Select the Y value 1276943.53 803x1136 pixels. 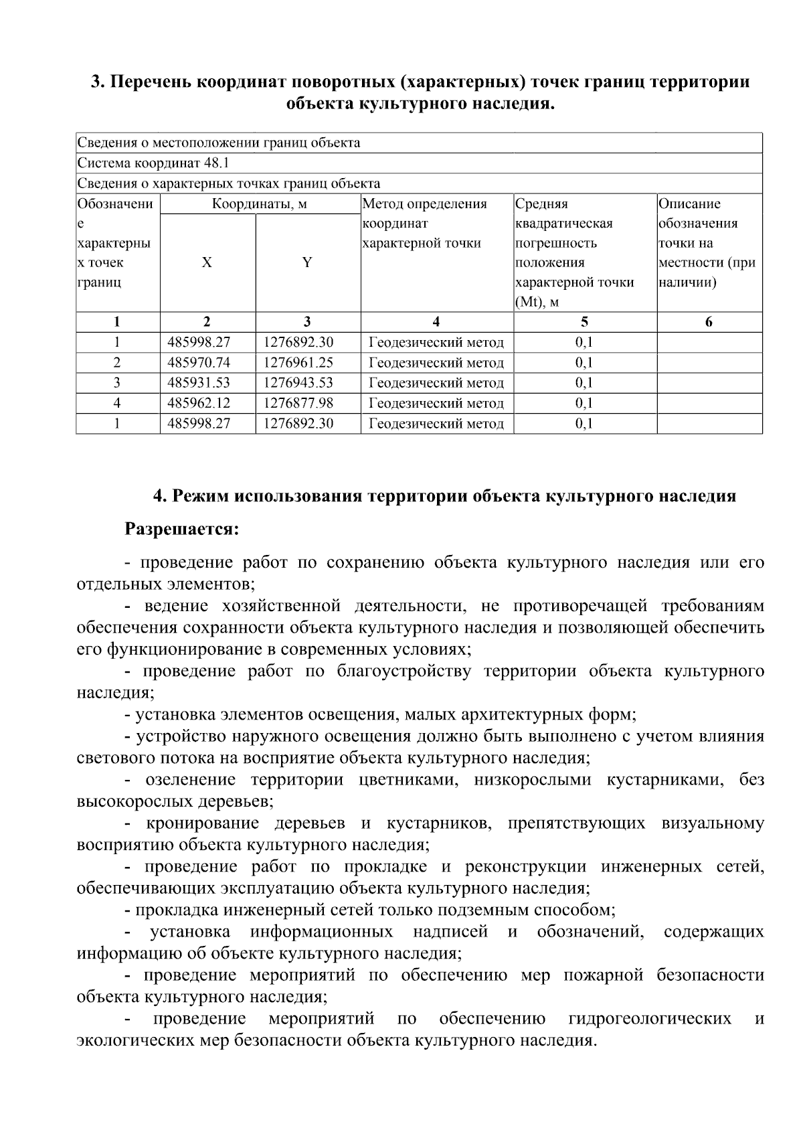coord(298,383)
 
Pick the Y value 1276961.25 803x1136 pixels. coord(298,363)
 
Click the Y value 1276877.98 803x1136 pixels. coord(298,403)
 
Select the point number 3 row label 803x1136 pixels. coord(117,383)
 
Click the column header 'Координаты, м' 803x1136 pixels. coord(260,204)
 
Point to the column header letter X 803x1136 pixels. coord(207,262)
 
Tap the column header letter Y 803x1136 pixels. coord(307,262)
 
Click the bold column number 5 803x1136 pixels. coord(584,322)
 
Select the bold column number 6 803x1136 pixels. coord(709,322)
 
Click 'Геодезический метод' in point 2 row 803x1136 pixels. coord(436,363)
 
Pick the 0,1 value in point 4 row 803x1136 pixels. coord(584,403)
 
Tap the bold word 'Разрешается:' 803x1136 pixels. coord(182,529)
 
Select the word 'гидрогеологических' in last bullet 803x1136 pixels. coord(649,1019)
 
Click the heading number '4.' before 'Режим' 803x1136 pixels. coord(160,496)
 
